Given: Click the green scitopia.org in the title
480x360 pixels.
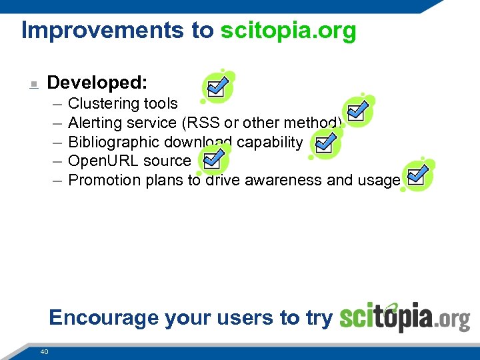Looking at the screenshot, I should point(288,31).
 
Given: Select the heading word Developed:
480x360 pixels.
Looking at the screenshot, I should point(97,83).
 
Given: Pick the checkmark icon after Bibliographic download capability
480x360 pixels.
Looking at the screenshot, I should point(325,144).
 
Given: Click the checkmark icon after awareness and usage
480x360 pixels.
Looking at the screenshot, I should point(417,176).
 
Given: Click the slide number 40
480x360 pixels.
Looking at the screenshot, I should point(45,351).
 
